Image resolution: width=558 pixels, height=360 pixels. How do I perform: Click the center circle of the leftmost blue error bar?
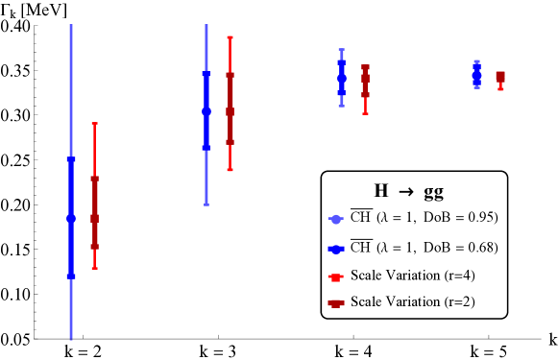[x=71, y=219]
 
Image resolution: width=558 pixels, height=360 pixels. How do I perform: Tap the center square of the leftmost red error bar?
[x=94, y=219]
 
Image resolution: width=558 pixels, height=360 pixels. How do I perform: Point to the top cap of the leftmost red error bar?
[x=94, y=123]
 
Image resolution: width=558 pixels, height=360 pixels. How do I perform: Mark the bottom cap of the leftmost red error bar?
[x=94, y=268]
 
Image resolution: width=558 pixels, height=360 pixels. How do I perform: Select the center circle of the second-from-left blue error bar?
[x=206, y=111]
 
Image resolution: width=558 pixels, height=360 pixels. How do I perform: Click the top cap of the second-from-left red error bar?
[x=230, y=37]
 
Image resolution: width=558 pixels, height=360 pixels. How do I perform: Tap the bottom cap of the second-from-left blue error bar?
[x=206, y=204]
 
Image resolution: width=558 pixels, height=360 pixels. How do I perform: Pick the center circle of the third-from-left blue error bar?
[x=342, y=77]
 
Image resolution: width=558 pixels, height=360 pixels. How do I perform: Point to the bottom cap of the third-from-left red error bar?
[x=365, y=114]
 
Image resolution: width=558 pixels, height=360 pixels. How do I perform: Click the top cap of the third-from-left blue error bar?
[x=342, y=49]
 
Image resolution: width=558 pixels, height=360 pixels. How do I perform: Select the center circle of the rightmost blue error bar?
[x=477, y=73]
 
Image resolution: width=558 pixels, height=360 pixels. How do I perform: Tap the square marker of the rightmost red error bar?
[x=500, y=76]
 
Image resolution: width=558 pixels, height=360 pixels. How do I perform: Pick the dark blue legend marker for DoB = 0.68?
[x=335, y=249]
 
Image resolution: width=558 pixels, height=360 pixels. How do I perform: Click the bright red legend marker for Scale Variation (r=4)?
[x=335, y=276]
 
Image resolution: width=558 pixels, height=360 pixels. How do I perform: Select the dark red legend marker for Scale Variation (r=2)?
[x=335, y=303]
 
